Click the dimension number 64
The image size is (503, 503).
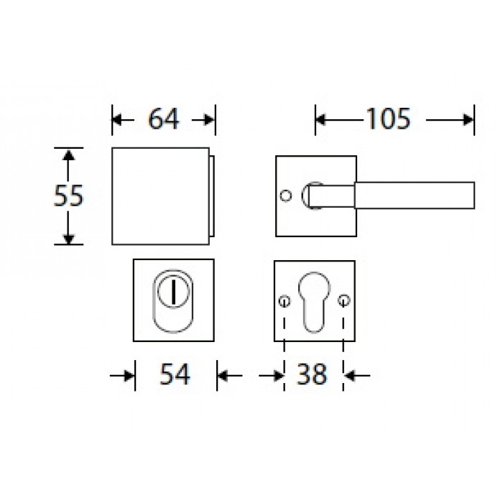pyautogui.click(x=163, y=119)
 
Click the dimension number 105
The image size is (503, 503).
pyautogui.click(x=388, y=119)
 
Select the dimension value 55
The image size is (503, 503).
pyautogui.click(x=68, y=195)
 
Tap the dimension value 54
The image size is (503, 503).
pyautogui.click(x=175, y=374)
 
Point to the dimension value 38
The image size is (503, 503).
pyautogui.click(x=312, y=374)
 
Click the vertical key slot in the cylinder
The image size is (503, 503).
pyautogui.click(x=174, y=292)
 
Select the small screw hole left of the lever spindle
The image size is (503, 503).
pyautogui.click(x=285, y=195)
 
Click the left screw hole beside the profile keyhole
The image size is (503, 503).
pyautogui.click(x=285, y=301)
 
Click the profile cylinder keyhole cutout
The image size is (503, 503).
pyautogui.click(x=314, y=303)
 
